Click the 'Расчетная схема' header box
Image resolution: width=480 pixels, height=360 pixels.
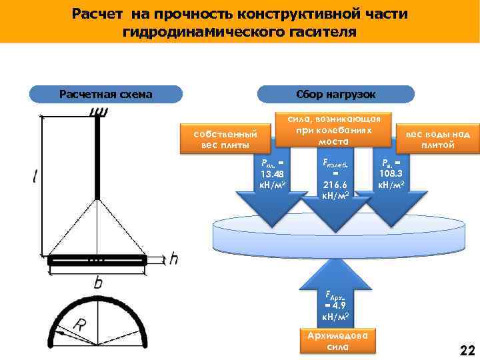tap(106, 94)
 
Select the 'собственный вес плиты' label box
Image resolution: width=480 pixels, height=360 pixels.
tap(225, 139)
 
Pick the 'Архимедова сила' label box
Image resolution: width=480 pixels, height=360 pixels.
tap(339, 340)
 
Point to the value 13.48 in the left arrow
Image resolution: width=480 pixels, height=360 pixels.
tap(272, 175)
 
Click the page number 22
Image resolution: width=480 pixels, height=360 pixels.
tap(466, 351)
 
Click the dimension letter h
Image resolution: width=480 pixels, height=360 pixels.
tap(173, 259)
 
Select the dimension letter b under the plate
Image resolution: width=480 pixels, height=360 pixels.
tap(98, 283)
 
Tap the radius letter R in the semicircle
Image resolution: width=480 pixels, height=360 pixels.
tap(79, 326)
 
